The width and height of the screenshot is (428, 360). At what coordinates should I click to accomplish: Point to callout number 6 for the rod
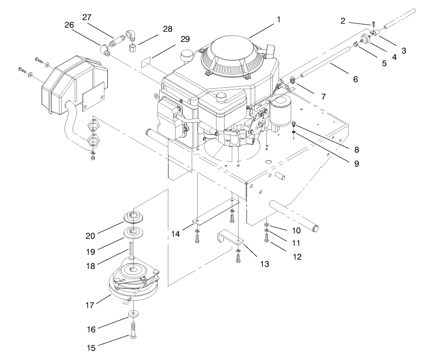(355, 79)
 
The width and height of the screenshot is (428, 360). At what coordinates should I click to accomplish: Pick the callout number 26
(69, 25)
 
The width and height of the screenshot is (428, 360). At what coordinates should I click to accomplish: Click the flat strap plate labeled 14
(214, 214)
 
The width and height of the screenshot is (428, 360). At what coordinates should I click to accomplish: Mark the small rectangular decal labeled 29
(148, 62)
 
